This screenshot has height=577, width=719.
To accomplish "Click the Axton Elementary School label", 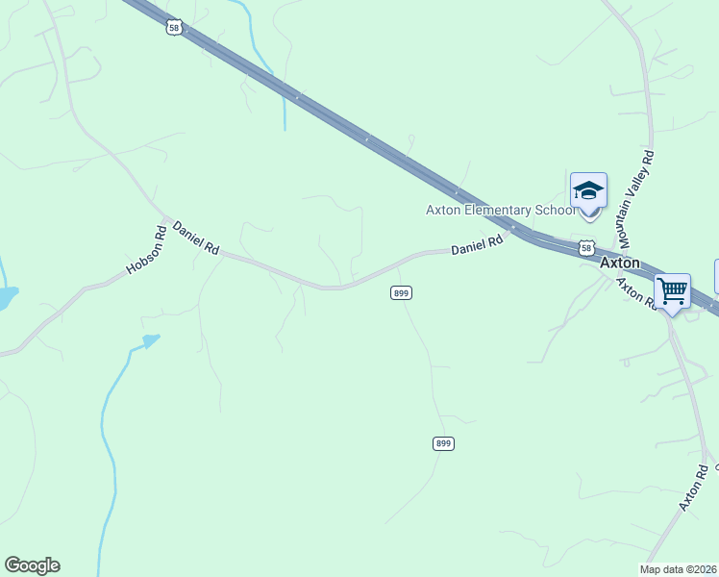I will click(x=500, y=211).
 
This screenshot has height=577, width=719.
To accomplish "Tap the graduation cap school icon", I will click(x=588, y=190).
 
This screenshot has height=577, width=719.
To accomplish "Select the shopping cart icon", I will click(x=672, y=290).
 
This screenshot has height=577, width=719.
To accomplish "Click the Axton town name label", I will click(x=619, y=262).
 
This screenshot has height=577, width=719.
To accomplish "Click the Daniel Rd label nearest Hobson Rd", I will click(x=196, y=238).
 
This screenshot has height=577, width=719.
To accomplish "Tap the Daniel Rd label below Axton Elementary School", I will click(x=477, y=247).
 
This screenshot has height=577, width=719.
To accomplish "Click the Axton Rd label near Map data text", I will click(x=695, y=488).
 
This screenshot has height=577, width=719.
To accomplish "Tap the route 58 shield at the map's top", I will click(x=173, y=29).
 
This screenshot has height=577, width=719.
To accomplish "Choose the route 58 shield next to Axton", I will click(x=586, y=249).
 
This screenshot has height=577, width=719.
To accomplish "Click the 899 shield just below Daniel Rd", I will click(x=402, y=292).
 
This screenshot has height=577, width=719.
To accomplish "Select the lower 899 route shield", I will click(x=442, y=443).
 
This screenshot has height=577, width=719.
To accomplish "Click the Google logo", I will click(x=32, y=565).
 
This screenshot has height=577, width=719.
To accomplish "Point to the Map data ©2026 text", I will click(x=679, y=569).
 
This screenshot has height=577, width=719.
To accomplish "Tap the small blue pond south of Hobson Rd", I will click(x=150, y=339).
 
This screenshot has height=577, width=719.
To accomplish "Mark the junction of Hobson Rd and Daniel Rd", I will click(x=165, y=221).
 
